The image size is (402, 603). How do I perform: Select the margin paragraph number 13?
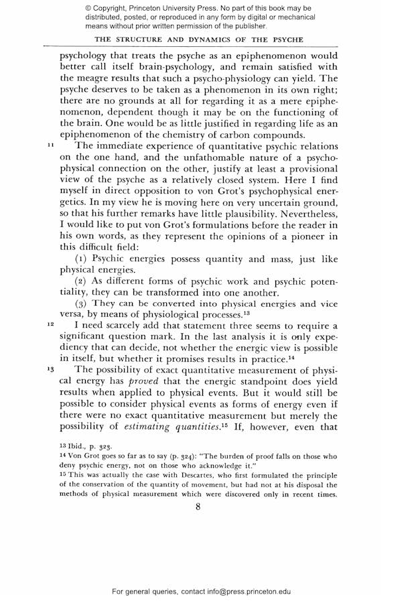pos(50,368)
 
